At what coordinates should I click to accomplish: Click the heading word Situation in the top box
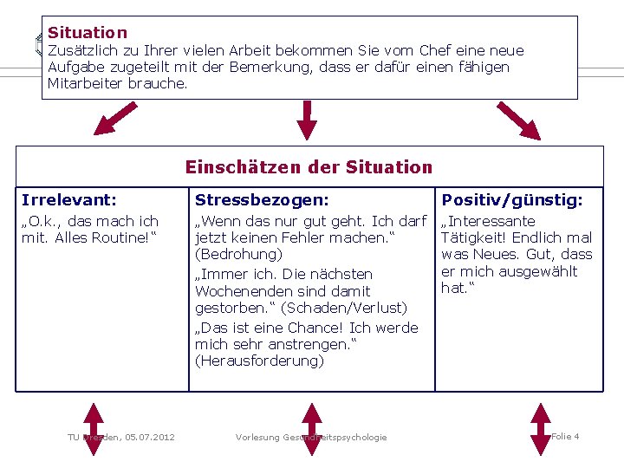coord(88,33)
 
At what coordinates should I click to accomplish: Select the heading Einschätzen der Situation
coord(309,166)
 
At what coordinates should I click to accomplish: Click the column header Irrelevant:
coord(68,200)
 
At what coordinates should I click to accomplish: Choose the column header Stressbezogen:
coord(262,200)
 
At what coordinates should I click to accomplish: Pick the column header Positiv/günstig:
coord(512,200)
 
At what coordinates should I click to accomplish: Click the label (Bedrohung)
coord(239,255)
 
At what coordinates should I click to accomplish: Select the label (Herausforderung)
coord(260,361)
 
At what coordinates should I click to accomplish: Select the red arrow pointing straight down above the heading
coord(306,120)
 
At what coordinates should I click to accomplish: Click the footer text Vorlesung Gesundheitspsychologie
coord(311,437)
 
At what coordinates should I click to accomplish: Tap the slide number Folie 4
coord(565,436)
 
